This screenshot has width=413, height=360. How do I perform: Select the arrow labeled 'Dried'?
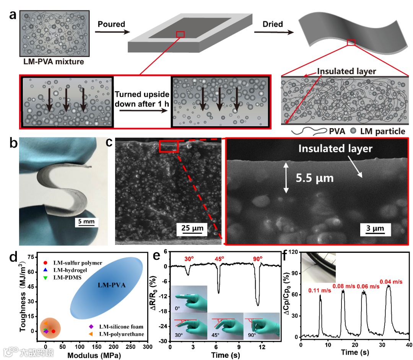point(273,33)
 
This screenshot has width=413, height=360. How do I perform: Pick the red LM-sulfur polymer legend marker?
point(46,263)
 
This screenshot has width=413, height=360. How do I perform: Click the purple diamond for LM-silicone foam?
point(91,326)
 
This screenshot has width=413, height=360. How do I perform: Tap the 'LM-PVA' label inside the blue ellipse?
point(108,285)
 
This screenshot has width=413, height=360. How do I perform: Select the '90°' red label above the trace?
point(258,259)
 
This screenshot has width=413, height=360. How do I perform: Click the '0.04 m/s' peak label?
point(390,282)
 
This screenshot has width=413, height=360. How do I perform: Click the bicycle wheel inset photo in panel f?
point(319,268)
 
